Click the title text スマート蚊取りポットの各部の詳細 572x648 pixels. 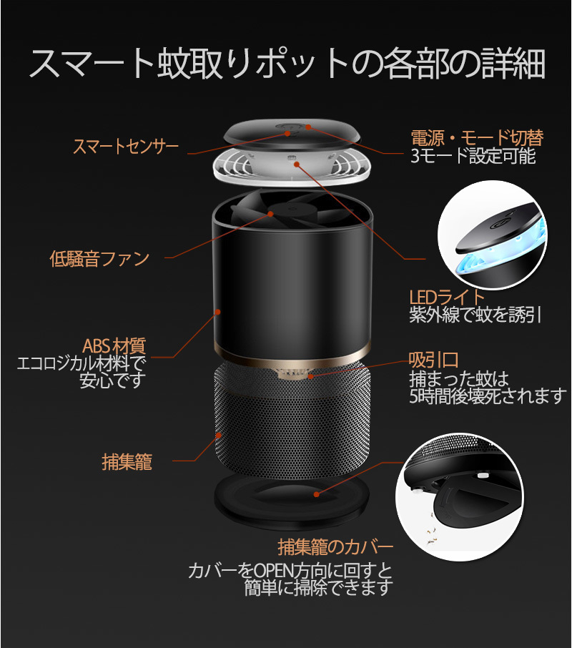pyautogui.click(x=287, y=64)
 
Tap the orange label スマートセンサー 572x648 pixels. pyautogui.click(x=126, y=147)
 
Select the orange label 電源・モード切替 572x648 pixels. pyautogui.click(x=477, y=137)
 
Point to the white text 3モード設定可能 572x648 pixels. pyautogui.click(x=473, y=156)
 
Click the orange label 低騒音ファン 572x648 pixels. pyautogui.click(x=99, y=259)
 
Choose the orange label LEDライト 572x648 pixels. pyautogui.click(x=446, y=297)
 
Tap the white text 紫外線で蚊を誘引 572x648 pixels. pyautogui.click(x=475, y=315)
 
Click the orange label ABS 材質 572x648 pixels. pyautogui.click(x=114, y=346)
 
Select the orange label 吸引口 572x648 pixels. pyautogui.click(x=433, y=360)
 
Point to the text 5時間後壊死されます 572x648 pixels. pyautogui.click(x=488, y=396)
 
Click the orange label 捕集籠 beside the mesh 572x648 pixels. pyautogui.click(x=127, y=461)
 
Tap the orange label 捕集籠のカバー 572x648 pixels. pyautogui.click(x=335, y=547)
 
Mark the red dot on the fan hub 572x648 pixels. pyautogui.click(x=270, y=214)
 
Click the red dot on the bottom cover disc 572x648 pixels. pyautogui.click(x=316, y=494)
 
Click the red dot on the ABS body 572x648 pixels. pyautogui.click(x=217, y=312)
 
